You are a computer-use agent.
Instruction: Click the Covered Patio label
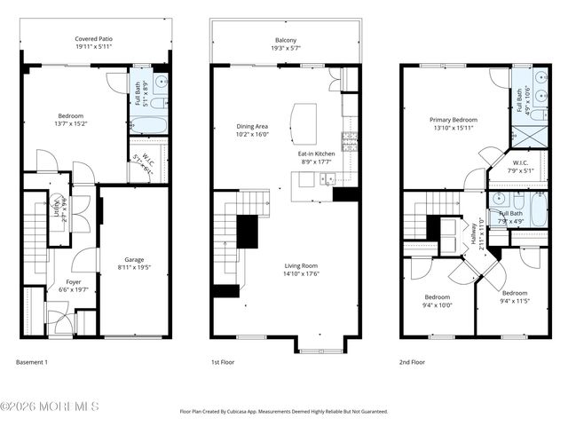93,39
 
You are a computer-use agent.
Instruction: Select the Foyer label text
60,281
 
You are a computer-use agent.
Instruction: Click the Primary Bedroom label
454,120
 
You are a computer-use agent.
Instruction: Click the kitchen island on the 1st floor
305,122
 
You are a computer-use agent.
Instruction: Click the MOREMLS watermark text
50,406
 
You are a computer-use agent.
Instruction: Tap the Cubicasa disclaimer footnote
284,412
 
